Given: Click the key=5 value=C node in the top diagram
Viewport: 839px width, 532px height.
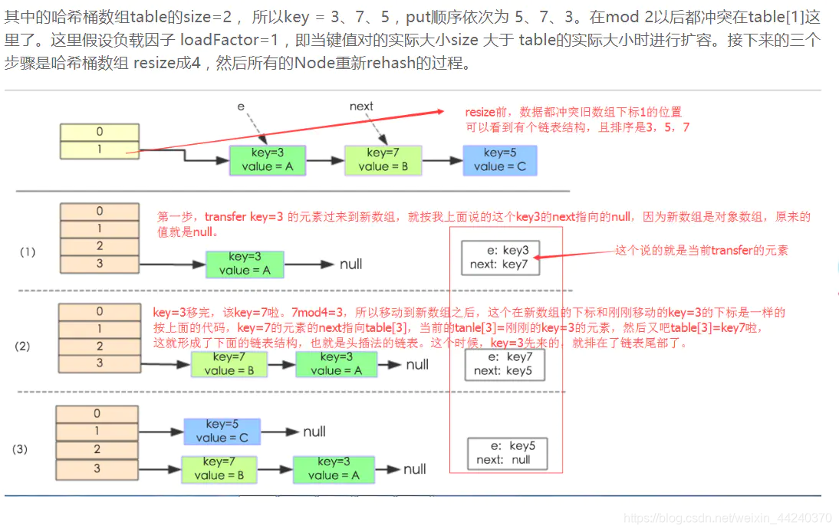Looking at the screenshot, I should pyautogui.click(x=499, y=160).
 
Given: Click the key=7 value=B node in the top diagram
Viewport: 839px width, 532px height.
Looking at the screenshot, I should pyautogui.click(x=383, y=159).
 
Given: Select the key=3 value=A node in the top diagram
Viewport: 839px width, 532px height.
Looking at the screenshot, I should pyautogui.click(x=267, y=159).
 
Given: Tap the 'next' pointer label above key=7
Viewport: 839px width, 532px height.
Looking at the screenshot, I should pyautogui.click(x=361, y=107).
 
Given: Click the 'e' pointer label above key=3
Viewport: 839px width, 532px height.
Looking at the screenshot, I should pyautogui.click(x=241, y=107).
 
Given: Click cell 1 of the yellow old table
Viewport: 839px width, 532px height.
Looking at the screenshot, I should pyautogui.click(x=99, y=150).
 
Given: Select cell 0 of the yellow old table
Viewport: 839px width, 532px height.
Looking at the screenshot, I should pyautogui.click(x=99, y=133).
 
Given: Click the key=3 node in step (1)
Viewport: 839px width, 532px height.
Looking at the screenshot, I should pyautogui.click(x=245, y=264).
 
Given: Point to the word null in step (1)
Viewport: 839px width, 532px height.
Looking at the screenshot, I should pyautogui.click(x=350, y=264).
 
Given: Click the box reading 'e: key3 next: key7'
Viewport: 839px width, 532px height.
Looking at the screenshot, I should pyautogui.click(x=501, y=258).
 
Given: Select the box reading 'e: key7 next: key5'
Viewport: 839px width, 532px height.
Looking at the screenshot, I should pyautogui.click(x=505, y=364).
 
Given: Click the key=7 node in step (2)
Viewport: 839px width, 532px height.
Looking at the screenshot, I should pyautogui.click(x=229, y=364).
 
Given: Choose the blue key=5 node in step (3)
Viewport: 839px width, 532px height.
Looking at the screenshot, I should pyautogui.click(x=222, y=432).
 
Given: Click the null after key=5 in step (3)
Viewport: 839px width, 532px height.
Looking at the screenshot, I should pyautogui.click(x=314, y=432).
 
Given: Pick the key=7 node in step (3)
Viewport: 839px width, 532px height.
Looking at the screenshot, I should pyautogui.click(x=219, y=469).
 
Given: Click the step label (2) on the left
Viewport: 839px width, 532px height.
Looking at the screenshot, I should pyautogui.click(x=22, y=346).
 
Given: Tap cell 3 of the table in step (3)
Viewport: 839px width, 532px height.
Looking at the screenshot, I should pyautogui.click(x=97, y=468).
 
